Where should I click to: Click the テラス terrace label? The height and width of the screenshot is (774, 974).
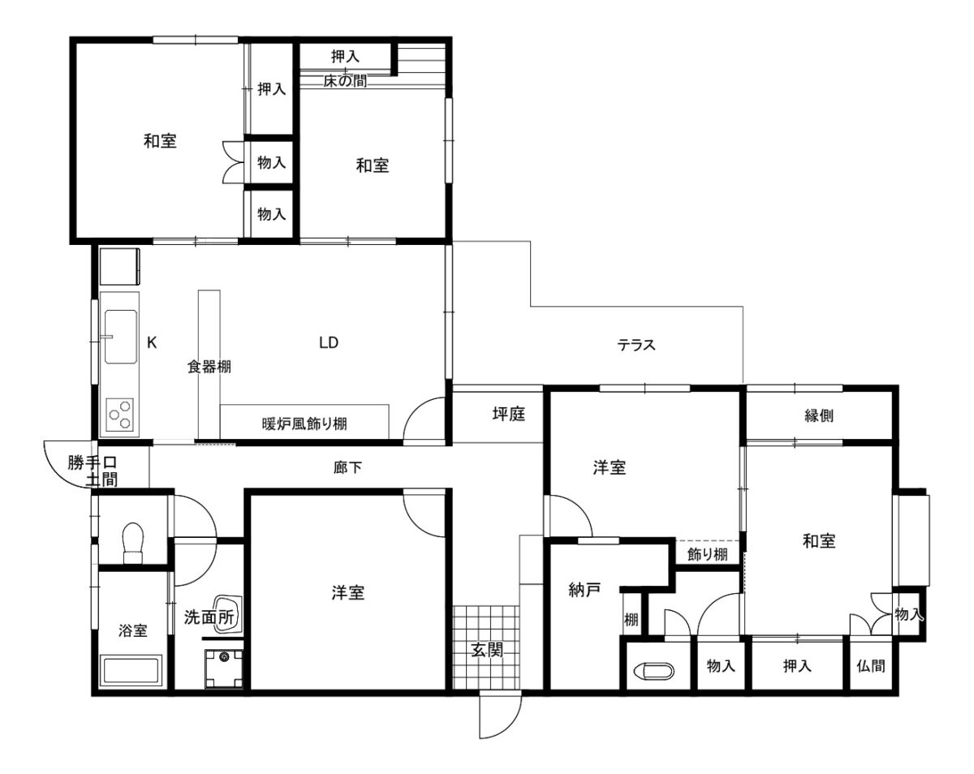click(636, 346)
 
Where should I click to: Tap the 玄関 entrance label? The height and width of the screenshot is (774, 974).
click(486, 650)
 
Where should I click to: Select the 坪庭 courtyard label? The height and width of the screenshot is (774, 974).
click(509, 414)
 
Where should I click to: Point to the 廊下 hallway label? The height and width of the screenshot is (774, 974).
click(347, 467)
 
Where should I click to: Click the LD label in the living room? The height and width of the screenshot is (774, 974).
click(329, 342)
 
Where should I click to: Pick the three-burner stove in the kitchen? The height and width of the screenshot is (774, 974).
click(120, 415)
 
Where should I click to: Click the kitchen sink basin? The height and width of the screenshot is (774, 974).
click(120, 337)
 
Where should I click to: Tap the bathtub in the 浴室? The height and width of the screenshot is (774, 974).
click(131, 671)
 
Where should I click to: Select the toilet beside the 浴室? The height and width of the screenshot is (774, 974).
click(133, 544)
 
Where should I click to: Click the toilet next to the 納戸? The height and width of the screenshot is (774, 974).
click(654, 671)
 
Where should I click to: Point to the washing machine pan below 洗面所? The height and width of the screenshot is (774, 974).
click(223, 669)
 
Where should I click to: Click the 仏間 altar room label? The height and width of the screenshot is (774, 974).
click(870, 666)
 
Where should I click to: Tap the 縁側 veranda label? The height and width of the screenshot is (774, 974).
click(819, 415)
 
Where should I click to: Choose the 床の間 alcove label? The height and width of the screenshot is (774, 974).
click(345, 81)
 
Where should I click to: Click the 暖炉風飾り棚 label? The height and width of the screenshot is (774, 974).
click(304, 424)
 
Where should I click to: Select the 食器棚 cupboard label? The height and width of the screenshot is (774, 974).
click(209, 367)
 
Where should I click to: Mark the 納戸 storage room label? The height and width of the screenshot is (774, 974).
click(584, 590)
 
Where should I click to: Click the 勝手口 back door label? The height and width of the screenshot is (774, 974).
click(93, 462)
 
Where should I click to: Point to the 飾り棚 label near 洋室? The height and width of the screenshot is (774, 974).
click(707, 554)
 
